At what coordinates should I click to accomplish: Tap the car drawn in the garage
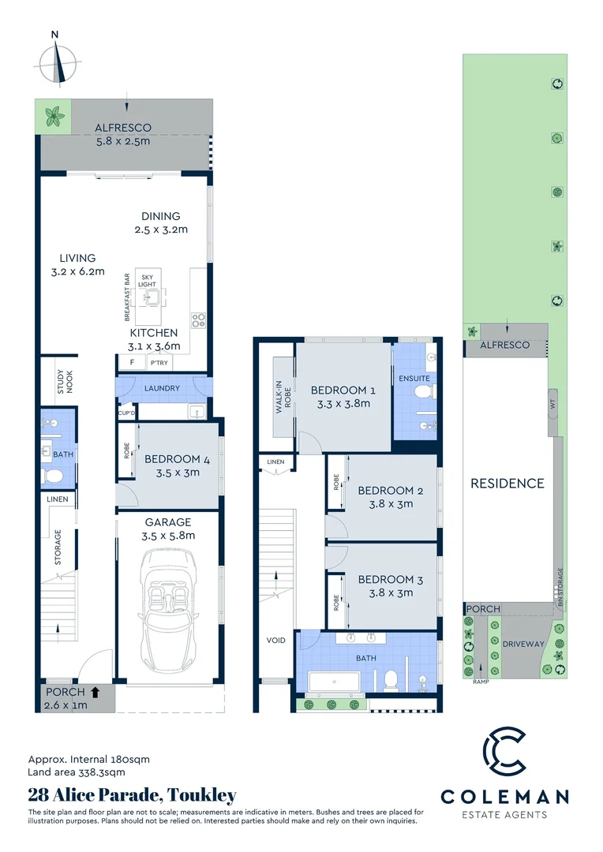[167, 609]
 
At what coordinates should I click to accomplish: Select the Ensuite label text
[414, 378]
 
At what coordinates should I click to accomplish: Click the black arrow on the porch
[96, 693]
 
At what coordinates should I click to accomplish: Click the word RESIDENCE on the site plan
[507, 483]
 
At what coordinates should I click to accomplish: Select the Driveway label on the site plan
[523, 644]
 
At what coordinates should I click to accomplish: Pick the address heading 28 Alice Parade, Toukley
[132, 795]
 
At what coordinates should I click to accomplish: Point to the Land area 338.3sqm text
[77, 772]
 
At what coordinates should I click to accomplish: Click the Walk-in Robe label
[279, 396]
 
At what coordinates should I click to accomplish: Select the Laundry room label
[162, 388]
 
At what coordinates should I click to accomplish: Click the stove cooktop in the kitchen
[199, 320]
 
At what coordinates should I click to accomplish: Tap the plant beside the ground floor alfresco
[54, 117]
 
